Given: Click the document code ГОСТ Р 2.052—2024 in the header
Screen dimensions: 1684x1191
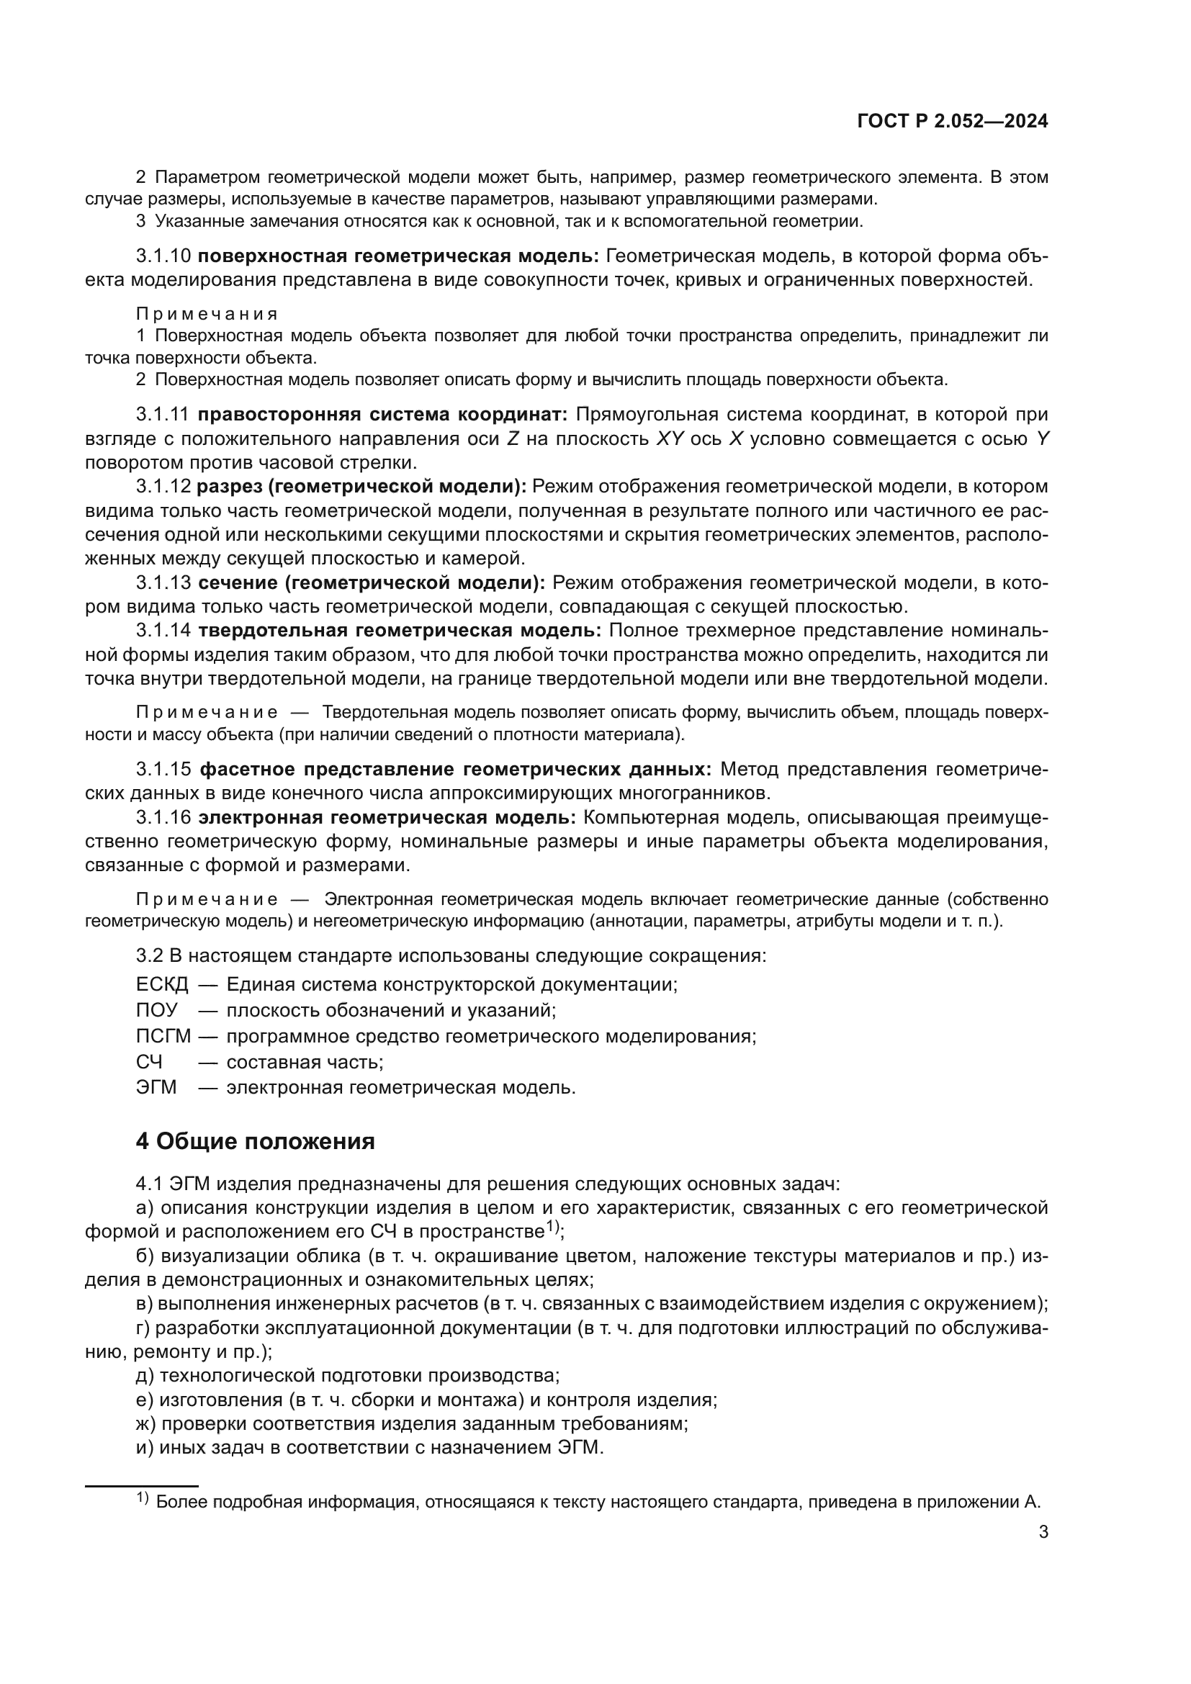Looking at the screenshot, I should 953,122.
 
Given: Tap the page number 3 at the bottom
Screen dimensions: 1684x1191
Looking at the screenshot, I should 1043,1532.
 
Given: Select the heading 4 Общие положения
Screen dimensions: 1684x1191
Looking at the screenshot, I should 255,1141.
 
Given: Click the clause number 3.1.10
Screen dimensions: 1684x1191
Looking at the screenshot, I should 163,256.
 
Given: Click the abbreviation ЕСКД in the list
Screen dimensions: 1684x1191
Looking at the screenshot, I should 162,984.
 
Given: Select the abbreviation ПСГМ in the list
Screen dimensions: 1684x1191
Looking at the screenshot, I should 163,1035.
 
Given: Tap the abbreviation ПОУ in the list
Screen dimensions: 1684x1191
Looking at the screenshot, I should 156,1010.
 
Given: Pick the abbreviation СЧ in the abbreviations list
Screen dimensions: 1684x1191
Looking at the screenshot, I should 149,1061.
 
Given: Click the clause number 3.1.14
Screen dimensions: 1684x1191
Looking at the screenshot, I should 163,630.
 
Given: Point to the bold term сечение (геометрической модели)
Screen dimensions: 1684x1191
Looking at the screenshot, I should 372,582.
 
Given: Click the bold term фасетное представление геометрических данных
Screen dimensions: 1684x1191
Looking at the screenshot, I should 455,769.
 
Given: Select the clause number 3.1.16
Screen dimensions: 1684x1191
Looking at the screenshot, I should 163,817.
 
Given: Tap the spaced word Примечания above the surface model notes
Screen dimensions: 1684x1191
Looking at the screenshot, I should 207,314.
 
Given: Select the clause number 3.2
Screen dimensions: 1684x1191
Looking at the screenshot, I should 150,955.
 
